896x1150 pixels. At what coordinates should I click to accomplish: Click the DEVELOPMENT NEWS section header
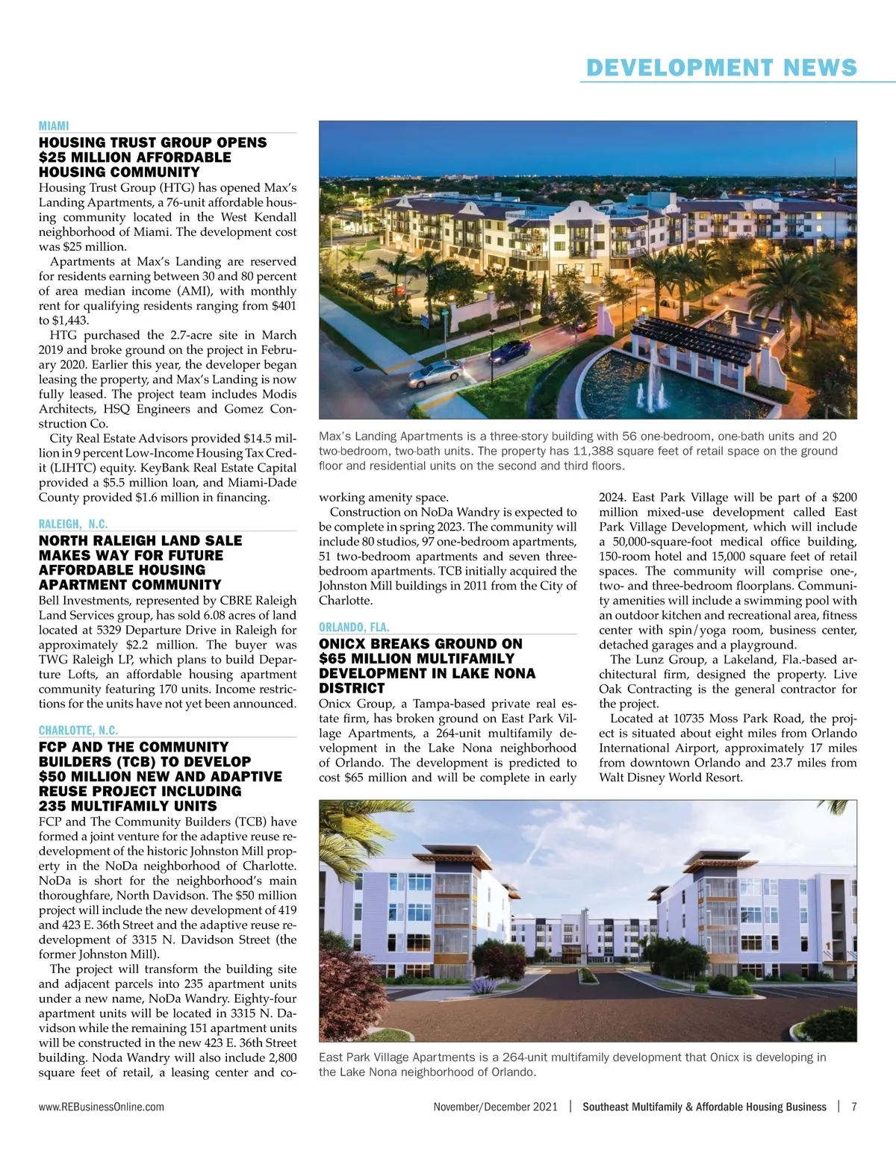click(721, 68)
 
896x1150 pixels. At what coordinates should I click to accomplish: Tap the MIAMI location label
click(54, 126)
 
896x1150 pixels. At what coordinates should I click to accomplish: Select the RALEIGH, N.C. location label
click(73, 524)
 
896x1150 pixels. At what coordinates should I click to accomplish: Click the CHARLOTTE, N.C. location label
click(78, 731)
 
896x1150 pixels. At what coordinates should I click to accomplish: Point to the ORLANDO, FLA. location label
click(354, 628)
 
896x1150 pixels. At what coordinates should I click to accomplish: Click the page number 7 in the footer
click(853, 1107)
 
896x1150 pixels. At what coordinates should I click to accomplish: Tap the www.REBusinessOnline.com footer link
click(102, 1107)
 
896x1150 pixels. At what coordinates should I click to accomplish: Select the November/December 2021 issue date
click(495, 1107)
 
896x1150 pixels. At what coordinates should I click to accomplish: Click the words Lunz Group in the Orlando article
click(663, 660)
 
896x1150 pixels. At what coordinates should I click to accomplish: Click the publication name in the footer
click(704, 1107)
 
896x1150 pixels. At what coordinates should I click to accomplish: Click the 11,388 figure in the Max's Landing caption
click(594, 451)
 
